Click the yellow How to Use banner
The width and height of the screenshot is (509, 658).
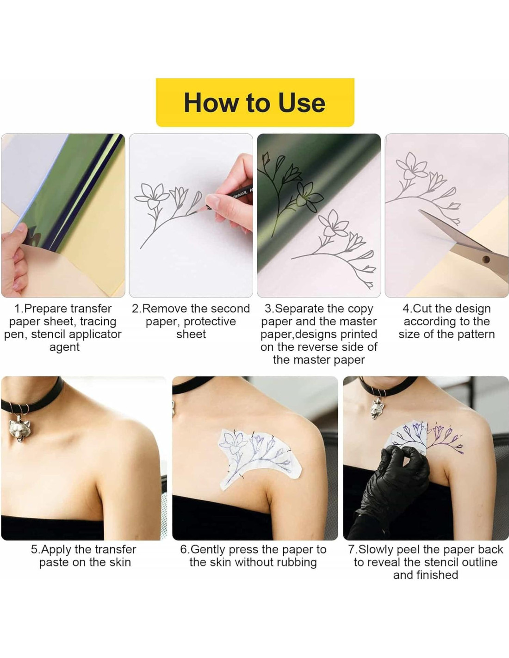[255, 102]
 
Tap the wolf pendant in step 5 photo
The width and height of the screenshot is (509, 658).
[19, 430]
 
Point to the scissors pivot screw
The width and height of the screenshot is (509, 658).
[486, 259]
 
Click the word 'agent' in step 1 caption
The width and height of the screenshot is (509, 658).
[64, 348]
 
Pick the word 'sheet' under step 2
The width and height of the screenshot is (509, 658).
[191, 334]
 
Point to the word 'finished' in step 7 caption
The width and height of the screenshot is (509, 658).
[426, 575]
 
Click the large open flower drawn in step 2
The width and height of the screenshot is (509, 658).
[151, 195]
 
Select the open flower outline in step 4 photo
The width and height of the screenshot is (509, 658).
[411, 166]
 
